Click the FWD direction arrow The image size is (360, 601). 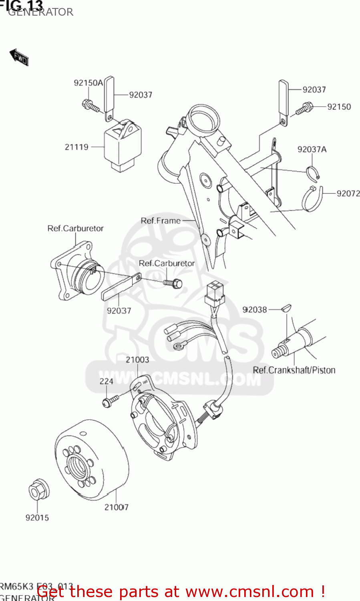19,57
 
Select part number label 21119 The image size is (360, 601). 76,147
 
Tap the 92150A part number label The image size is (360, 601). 88,83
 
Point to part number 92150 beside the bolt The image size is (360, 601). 339,107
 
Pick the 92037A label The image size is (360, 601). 312,149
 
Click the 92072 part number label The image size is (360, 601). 348,194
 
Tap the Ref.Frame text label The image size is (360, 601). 161,221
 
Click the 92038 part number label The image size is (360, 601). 255,310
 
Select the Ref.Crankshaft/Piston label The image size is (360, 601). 294,370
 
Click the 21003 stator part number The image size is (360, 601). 137,360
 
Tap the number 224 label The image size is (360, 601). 107,381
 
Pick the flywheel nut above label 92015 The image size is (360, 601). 39,490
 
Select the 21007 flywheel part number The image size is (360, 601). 116,507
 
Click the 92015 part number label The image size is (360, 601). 37,518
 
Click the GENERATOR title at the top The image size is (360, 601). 40,12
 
